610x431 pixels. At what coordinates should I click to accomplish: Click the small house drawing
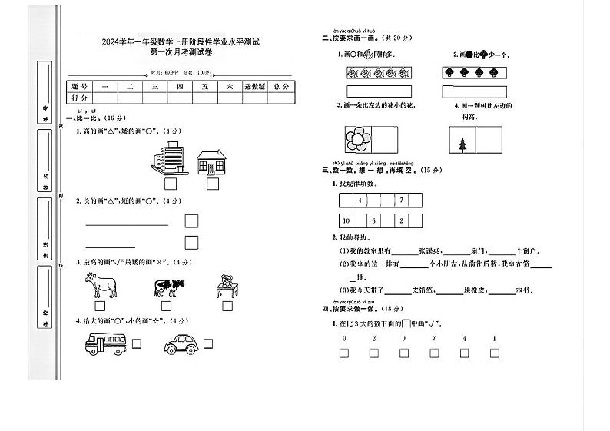213,163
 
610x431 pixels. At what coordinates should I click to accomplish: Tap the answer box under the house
213,184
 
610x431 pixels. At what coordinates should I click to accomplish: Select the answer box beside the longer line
191,221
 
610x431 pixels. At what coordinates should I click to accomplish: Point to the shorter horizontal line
110,247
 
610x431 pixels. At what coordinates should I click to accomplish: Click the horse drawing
101,286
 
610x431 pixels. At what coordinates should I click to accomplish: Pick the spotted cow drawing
170,287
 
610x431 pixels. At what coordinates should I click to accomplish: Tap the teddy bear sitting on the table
227,285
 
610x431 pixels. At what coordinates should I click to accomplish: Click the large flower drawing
356,140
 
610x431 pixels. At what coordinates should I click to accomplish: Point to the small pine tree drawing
462,144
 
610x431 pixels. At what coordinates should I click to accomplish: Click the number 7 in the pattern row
401,201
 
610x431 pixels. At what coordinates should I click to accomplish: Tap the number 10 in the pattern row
346,220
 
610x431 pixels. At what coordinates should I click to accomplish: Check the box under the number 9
403,353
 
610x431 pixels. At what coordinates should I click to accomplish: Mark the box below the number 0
344,353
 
